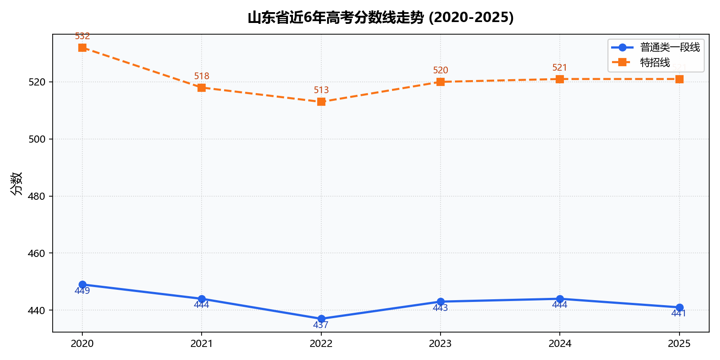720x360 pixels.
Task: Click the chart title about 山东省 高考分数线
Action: [381, 18]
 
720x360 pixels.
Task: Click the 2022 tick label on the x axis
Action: [321, 344]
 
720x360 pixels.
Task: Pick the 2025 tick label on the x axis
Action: [679, 344]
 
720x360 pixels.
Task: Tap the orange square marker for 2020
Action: [82, 48]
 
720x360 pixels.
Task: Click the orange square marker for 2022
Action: [321, 102]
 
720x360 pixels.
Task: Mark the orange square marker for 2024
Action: [560, 79]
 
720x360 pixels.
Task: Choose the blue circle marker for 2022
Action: [321, 319]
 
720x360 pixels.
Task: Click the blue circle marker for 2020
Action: [82, 285]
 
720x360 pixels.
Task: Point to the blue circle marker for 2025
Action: [679, 308]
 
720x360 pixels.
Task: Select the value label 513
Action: [321, 90]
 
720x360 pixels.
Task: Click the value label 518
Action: [202, 76]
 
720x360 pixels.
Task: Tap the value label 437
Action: [321, 325]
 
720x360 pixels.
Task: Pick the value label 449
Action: [82, 291]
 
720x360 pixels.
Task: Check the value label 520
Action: [441, 71]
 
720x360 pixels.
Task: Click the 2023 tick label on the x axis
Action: [440, 344]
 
